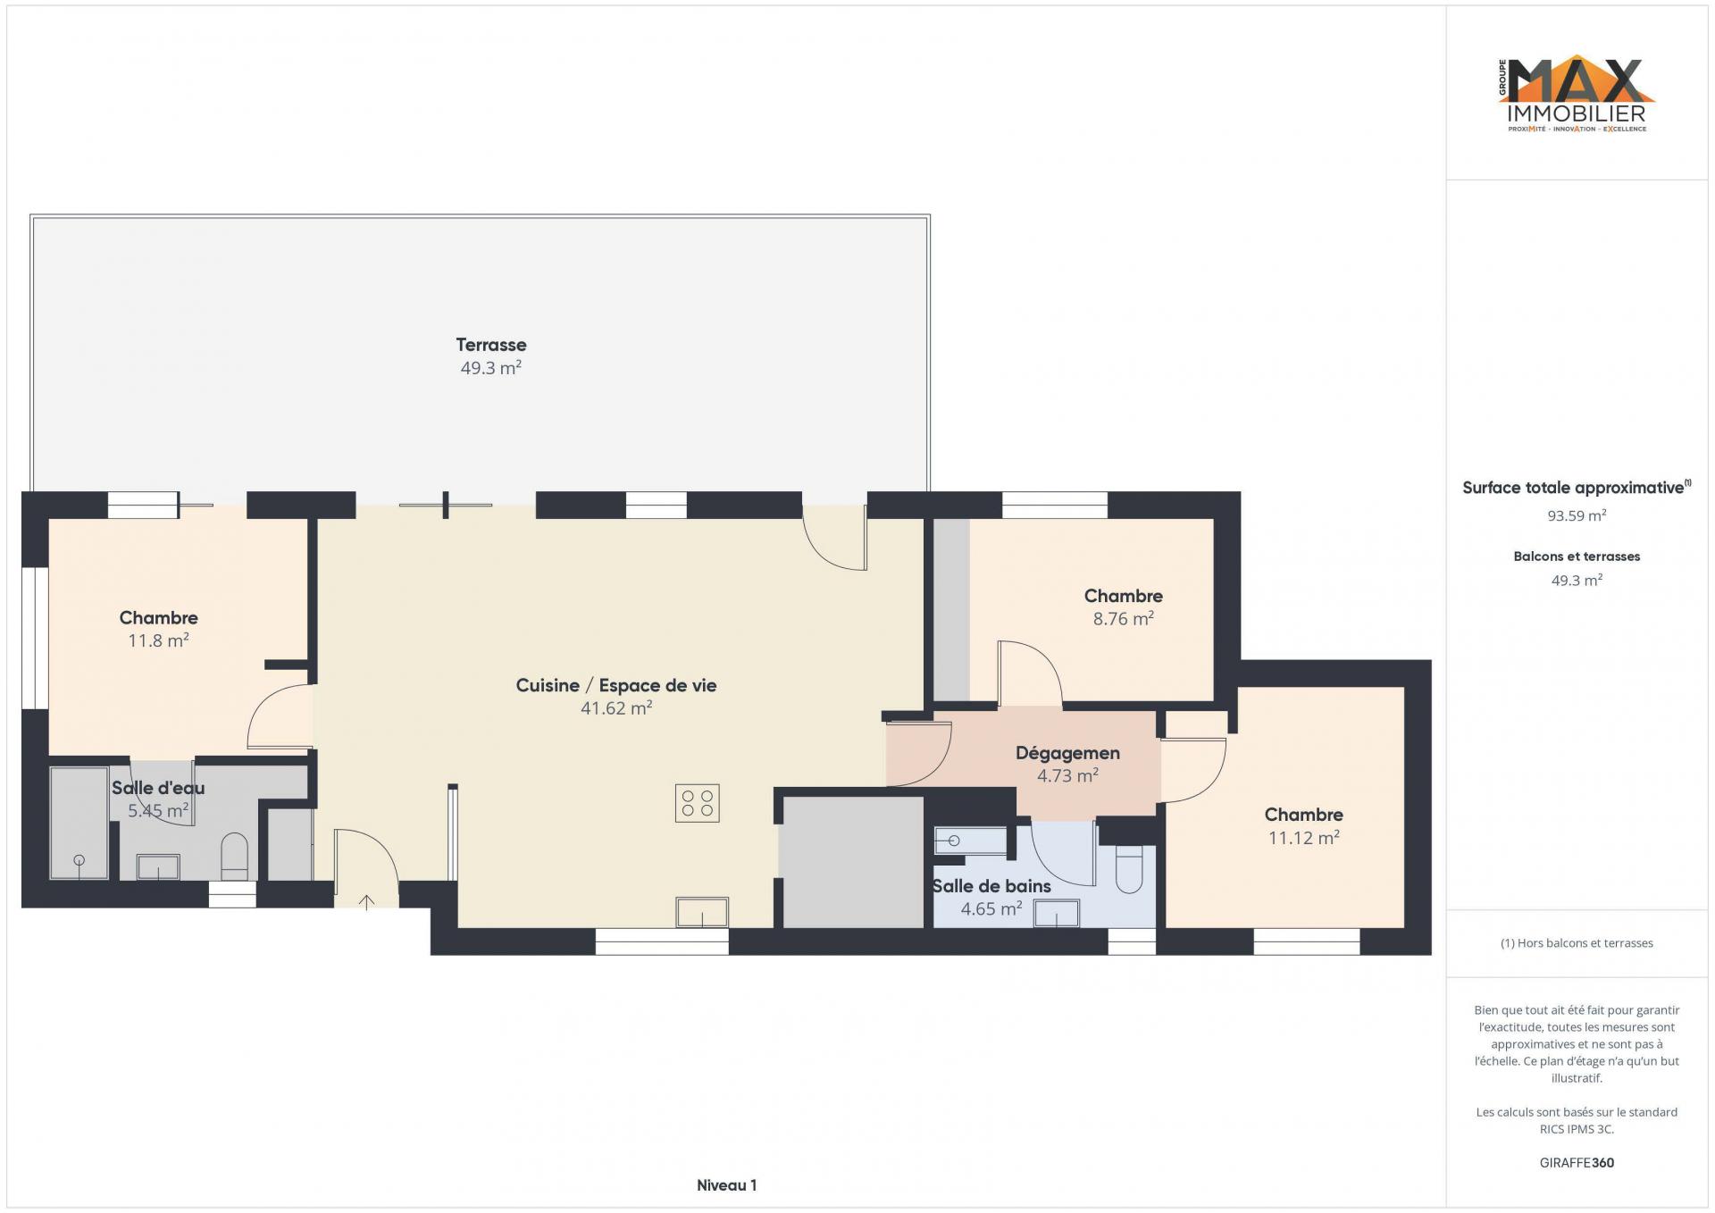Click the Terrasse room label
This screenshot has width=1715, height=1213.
(x=491, y=345)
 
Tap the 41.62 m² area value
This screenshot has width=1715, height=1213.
(x=616, y=708)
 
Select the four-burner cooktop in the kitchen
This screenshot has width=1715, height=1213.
(x=697, y=803)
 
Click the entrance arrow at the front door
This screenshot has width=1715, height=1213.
(x=366, y=902)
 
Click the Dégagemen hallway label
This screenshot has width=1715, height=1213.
(x=1067, y=753)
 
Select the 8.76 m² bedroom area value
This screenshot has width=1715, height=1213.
(x=1124, y=618)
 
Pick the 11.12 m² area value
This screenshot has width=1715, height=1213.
(x=1304, y=838)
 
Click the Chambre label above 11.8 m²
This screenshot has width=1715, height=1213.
(x=159, y=618)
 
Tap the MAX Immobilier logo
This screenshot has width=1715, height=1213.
(x=1577, y=95)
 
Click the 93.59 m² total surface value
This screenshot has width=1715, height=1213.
(x=1577, y=515)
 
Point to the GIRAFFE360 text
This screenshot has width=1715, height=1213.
(x=1577, y=1163)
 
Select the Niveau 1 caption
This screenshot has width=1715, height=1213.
(x=726, y=1185)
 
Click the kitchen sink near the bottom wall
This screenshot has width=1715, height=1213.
(x=702, y=912)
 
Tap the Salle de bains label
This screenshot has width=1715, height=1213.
(x=991, y=886)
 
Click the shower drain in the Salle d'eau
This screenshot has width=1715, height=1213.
(x=79, y=860)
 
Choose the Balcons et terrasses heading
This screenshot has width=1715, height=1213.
(x=1577, y=556)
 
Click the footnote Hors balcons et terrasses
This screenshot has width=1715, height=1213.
(x=1577, y=943)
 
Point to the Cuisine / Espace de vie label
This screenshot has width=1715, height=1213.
(x=616, y=685)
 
